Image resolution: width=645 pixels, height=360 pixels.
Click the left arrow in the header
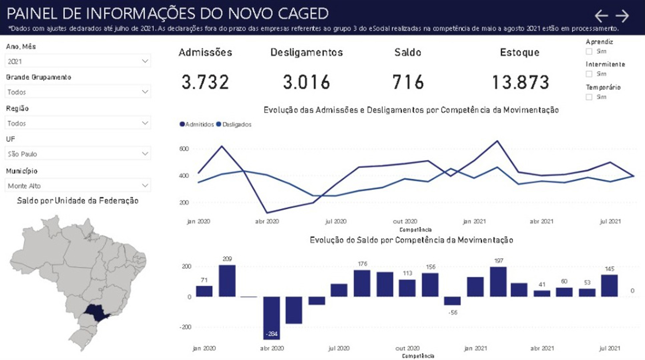[601, 16]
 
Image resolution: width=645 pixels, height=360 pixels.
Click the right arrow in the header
[622, 16]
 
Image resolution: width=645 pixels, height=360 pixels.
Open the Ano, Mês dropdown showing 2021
[78, 61]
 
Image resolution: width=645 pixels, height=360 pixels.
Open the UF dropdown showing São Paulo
[78, 154]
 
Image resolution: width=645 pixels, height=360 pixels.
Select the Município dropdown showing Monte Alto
[78, 186]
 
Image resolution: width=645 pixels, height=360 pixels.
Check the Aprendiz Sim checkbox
[589, 52]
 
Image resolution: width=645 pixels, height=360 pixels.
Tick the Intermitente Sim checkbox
[589, 74]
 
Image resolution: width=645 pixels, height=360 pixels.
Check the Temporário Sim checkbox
[589, 97]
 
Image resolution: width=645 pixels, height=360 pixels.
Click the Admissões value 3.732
[205, 82]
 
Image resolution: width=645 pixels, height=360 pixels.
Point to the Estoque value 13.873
[520, 82]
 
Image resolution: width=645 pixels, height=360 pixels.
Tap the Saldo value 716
[408, 82]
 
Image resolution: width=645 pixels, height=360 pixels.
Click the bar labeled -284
[272, 317]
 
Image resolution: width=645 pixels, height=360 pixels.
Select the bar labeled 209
[227, 281]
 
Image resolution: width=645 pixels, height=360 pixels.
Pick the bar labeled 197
[498, 282]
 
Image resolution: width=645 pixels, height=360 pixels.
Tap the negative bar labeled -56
[452, 301]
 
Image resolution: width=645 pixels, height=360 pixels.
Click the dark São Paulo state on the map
[96, 312]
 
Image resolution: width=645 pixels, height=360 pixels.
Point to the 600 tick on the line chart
[184, 149]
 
